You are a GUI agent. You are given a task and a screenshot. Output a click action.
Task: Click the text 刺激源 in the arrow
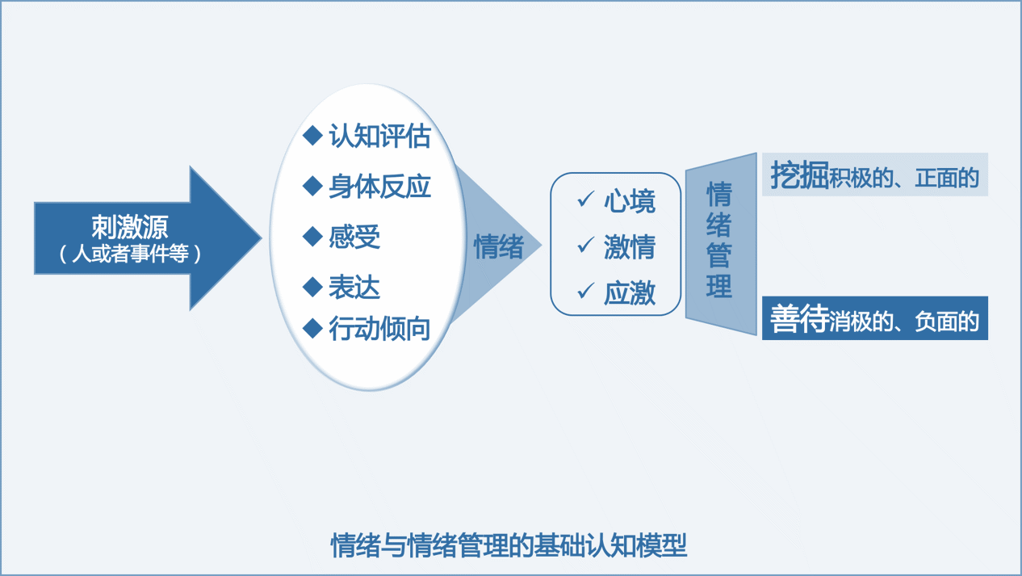pos(130,226)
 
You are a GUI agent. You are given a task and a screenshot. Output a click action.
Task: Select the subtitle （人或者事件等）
pos(130,254)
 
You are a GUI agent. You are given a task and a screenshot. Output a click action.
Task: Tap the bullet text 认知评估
pos(379,137)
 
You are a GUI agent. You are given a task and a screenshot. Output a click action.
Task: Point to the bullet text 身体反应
pos(379,187)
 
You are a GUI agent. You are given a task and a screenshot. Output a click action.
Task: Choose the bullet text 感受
pos(354,238)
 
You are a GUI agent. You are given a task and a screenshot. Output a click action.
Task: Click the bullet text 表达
pos(354,287)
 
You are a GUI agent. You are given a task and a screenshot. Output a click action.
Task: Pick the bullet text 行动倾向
pos(379,329)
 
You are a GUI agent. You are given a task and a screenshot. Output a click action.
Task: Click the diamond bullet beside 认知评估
pos(312,136)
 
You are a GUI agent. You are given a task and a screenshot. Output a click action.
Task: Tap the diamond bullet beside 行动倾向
pos(312,328)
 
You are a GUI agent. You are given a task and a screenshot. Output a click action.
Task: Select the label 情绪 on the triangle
pos(499,246)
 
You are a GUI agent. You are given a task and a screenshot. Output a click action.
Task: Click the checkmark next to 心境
pos(585,199)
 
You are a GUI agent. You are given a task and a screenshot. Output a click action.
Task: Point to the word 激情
pos(630,247)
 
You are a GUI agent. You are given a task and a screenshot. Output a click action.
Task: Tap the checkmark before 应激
pos(585,291)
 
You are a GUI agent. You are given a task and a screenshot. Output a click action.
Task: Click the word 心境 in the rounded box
pos(630,201)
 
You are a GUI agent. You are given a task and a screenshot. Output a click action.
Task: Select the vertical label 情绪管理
pos(719,241)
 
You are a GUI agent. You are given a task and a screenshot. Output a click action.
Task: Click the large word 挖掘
pos(799,175)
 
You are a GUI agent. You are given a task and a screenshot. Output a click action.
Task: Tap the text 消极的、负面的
pos(904,322)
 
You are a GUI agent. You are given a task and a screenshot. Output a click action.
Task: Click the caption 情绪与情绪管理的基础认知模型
pos(509,545)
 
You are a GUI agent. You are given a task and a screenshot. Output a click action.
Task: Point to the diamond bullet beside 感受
pos(312,237)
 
